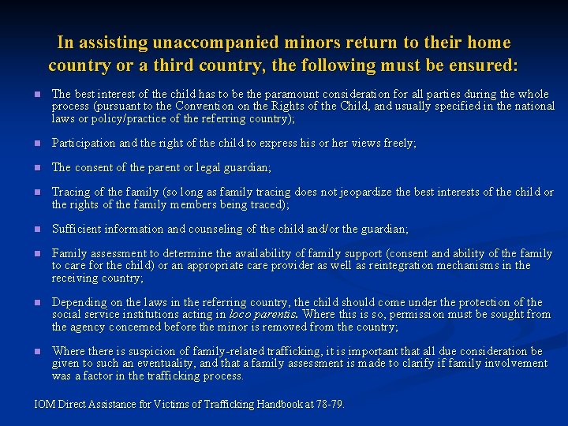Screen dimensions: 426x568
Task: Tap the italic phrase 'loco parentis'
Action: pos(260,315)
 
